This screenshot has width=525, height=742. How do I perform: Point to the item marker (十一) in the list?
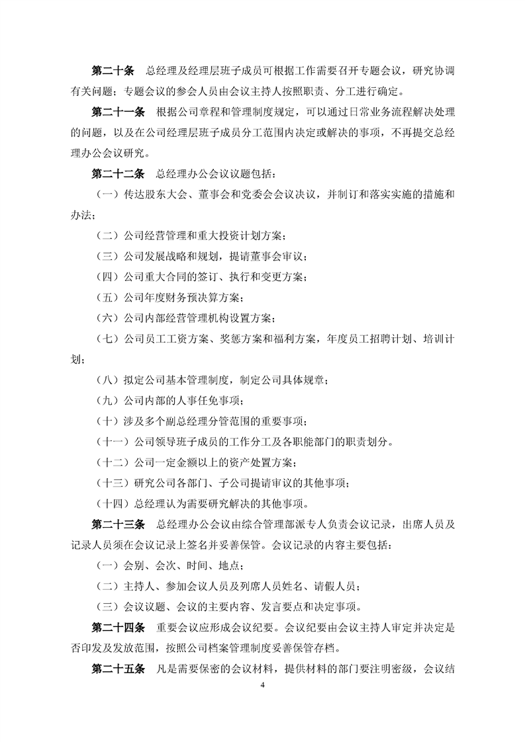[112, 442]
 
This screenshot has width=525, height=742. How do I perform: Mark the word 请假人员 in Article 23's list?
[335, 586]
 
